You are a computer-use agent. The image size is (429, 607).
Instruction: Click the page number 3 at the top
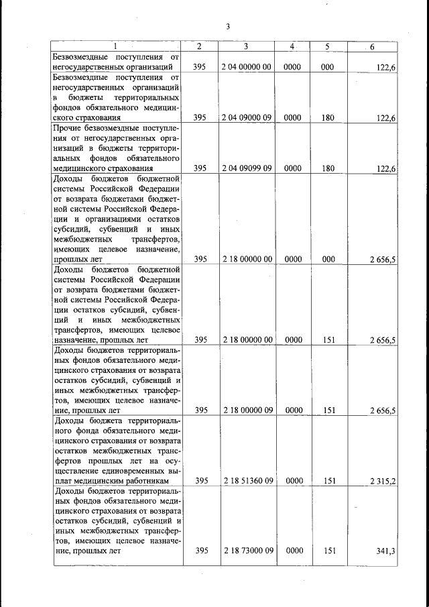pos(228,27)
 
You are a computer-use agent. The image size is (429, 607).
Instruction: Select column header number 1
pos(115,46)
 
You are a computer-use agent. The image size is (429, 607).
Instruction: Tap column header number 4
pos(292,46)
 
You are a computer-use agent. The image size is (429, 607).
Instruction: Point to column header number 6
pos(372,46)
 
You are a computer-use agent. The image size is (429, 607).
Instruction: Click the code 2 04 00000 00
pos(246,67)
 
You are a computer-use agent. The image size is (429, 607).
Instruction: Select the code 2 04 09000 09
pos(246,118)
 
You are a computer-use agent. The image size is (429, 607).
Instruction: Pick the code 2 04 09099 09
pos(246,169)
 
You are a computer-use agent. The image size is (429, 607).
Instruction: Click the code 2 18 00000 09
pos(246,410)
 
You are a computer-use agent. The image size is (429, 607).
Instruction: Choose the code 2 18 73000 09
pos(246,551)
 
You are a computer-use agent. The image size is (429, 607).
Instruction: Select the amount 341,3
pos(385,551)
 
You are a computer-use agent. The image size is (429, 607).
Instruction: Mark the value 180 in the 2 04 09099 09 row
pos(327,169)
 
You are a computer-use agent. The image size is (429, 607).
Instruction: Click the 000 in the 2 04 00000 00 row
pos(327,67)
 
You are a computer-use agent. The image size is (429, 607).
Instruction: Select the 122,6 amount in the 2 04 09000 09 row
pos(386,118)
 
